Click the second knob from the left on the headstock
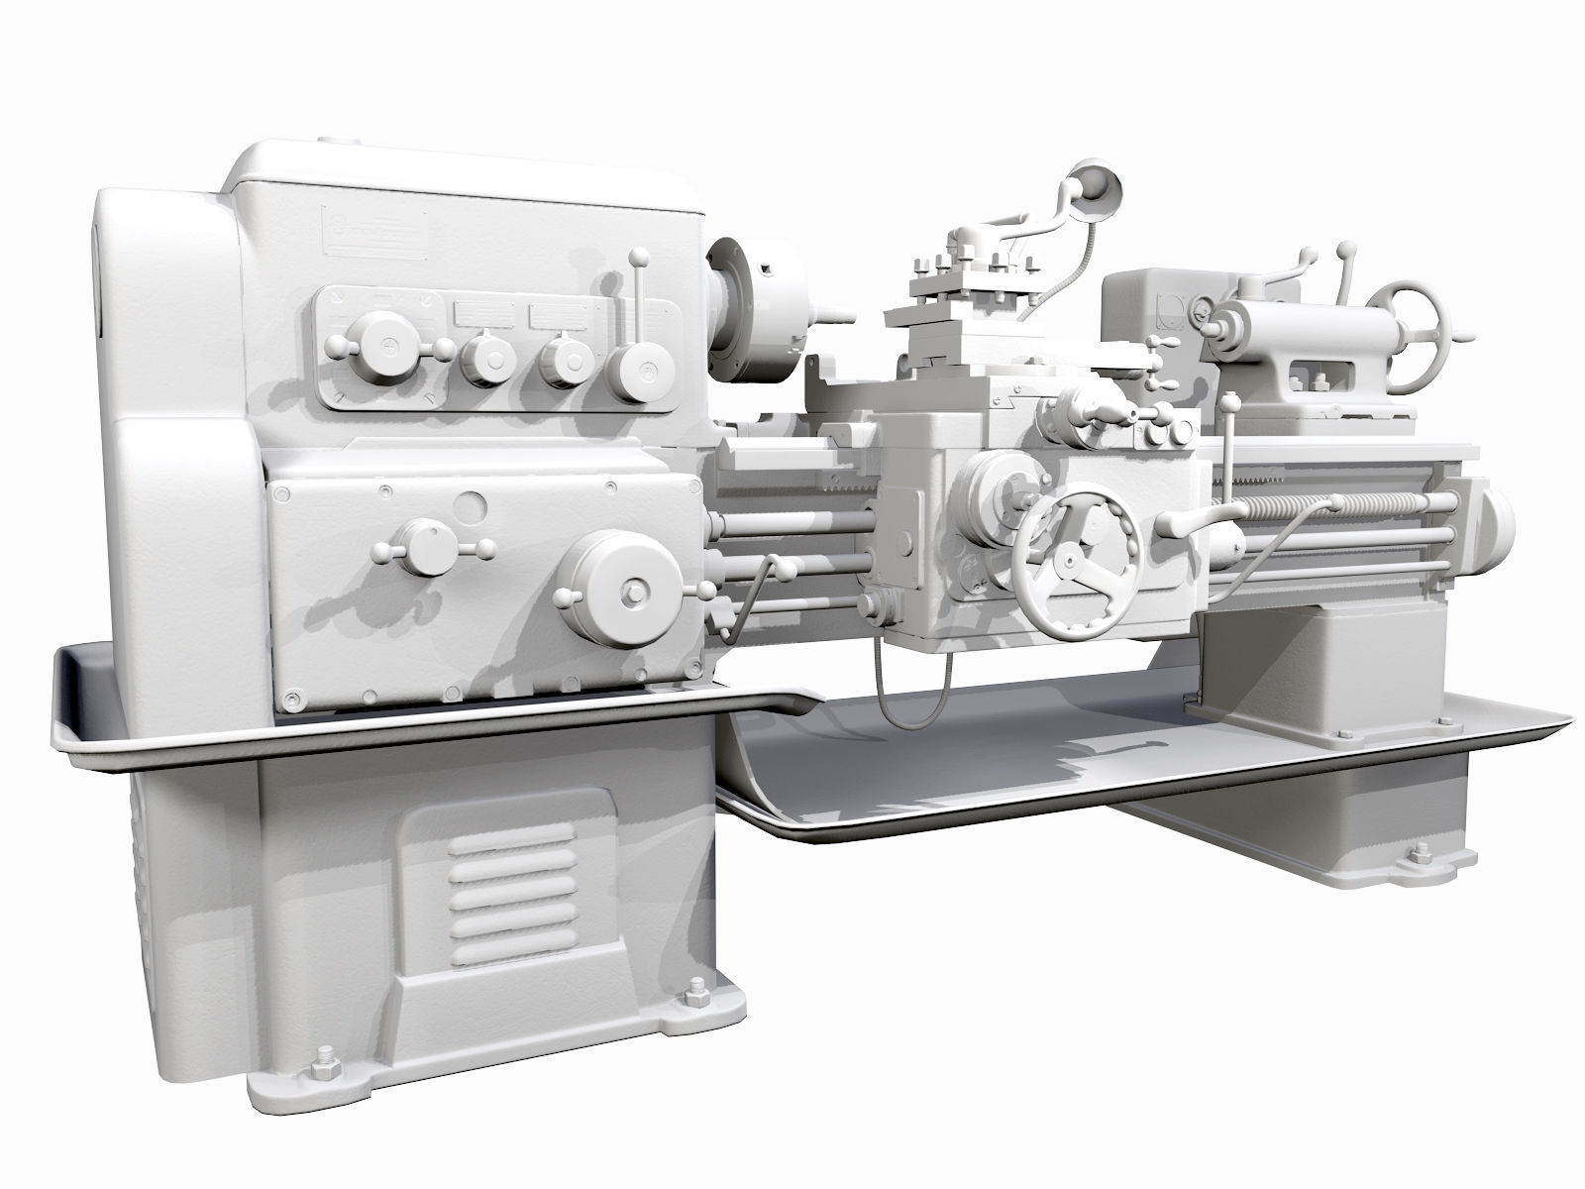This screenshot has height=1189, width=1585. [x=486, y=357]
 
